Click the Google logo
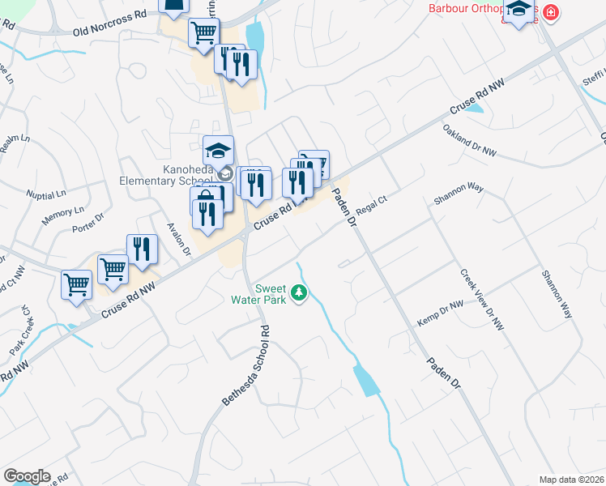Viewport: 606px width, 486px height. click(26, 476)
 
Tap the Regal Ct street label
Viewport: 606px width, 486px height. click(368, 209)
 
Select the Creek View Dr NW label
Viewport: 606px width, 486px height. click(482, 300)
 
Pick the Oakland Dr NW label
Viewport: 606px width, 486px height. click(469, 139)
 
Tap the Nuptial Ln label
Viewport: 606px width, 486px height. click(45, 195)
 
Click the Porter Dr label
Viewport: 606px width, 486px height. click(88, 223)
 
